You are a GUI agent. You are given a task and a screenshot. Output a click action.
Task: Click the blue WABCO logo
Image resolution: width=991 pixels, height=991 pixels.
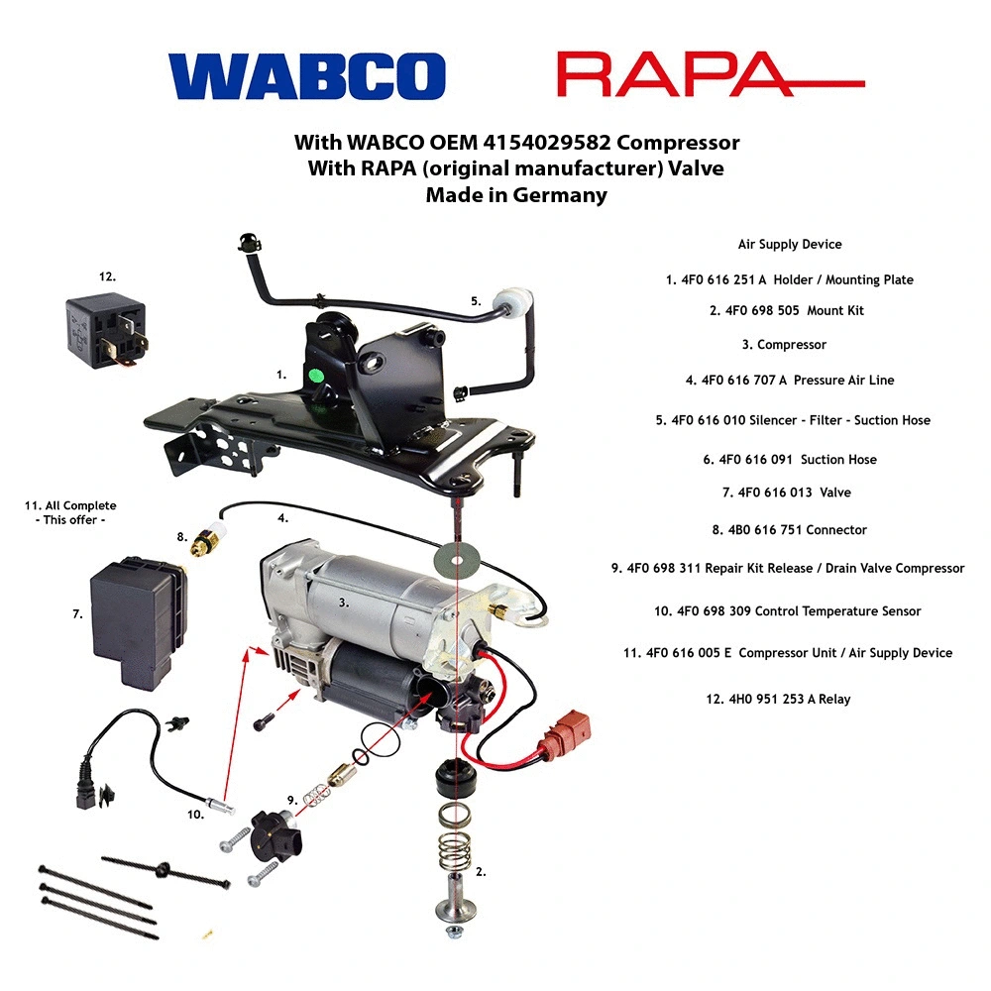(x=306, y=76)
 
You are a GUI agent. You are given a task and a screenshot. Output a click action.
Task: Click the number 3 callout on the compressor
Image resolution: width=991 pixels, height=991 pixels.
(x=343, y=602)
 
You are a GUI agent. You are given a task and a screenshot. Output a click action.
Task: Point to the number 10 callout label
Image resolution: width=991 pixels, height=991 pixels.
(x=195, y=815)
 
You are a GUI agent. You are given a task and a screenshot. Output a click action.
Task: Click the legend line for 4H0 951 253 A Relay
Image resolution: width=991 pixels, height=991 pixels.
(x=778, y=699)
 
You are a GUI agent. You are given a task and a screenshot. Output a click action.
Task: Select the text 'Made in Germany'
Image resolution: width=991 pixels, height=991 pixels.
(x=515, y=195)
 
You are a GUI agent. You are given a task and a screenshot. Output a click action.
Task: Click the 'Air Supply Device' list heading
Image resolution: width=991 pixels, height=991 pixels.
(x=789, y=244)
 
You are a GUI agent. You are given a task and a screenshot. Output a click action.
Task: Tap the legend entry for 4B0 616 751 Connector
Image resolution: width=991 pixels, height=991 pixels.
(x=789, y=530)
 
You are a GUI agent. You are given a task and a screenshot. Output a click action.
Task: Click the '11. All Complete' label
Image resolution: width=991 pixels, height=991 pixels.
(x=70, y=505)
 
